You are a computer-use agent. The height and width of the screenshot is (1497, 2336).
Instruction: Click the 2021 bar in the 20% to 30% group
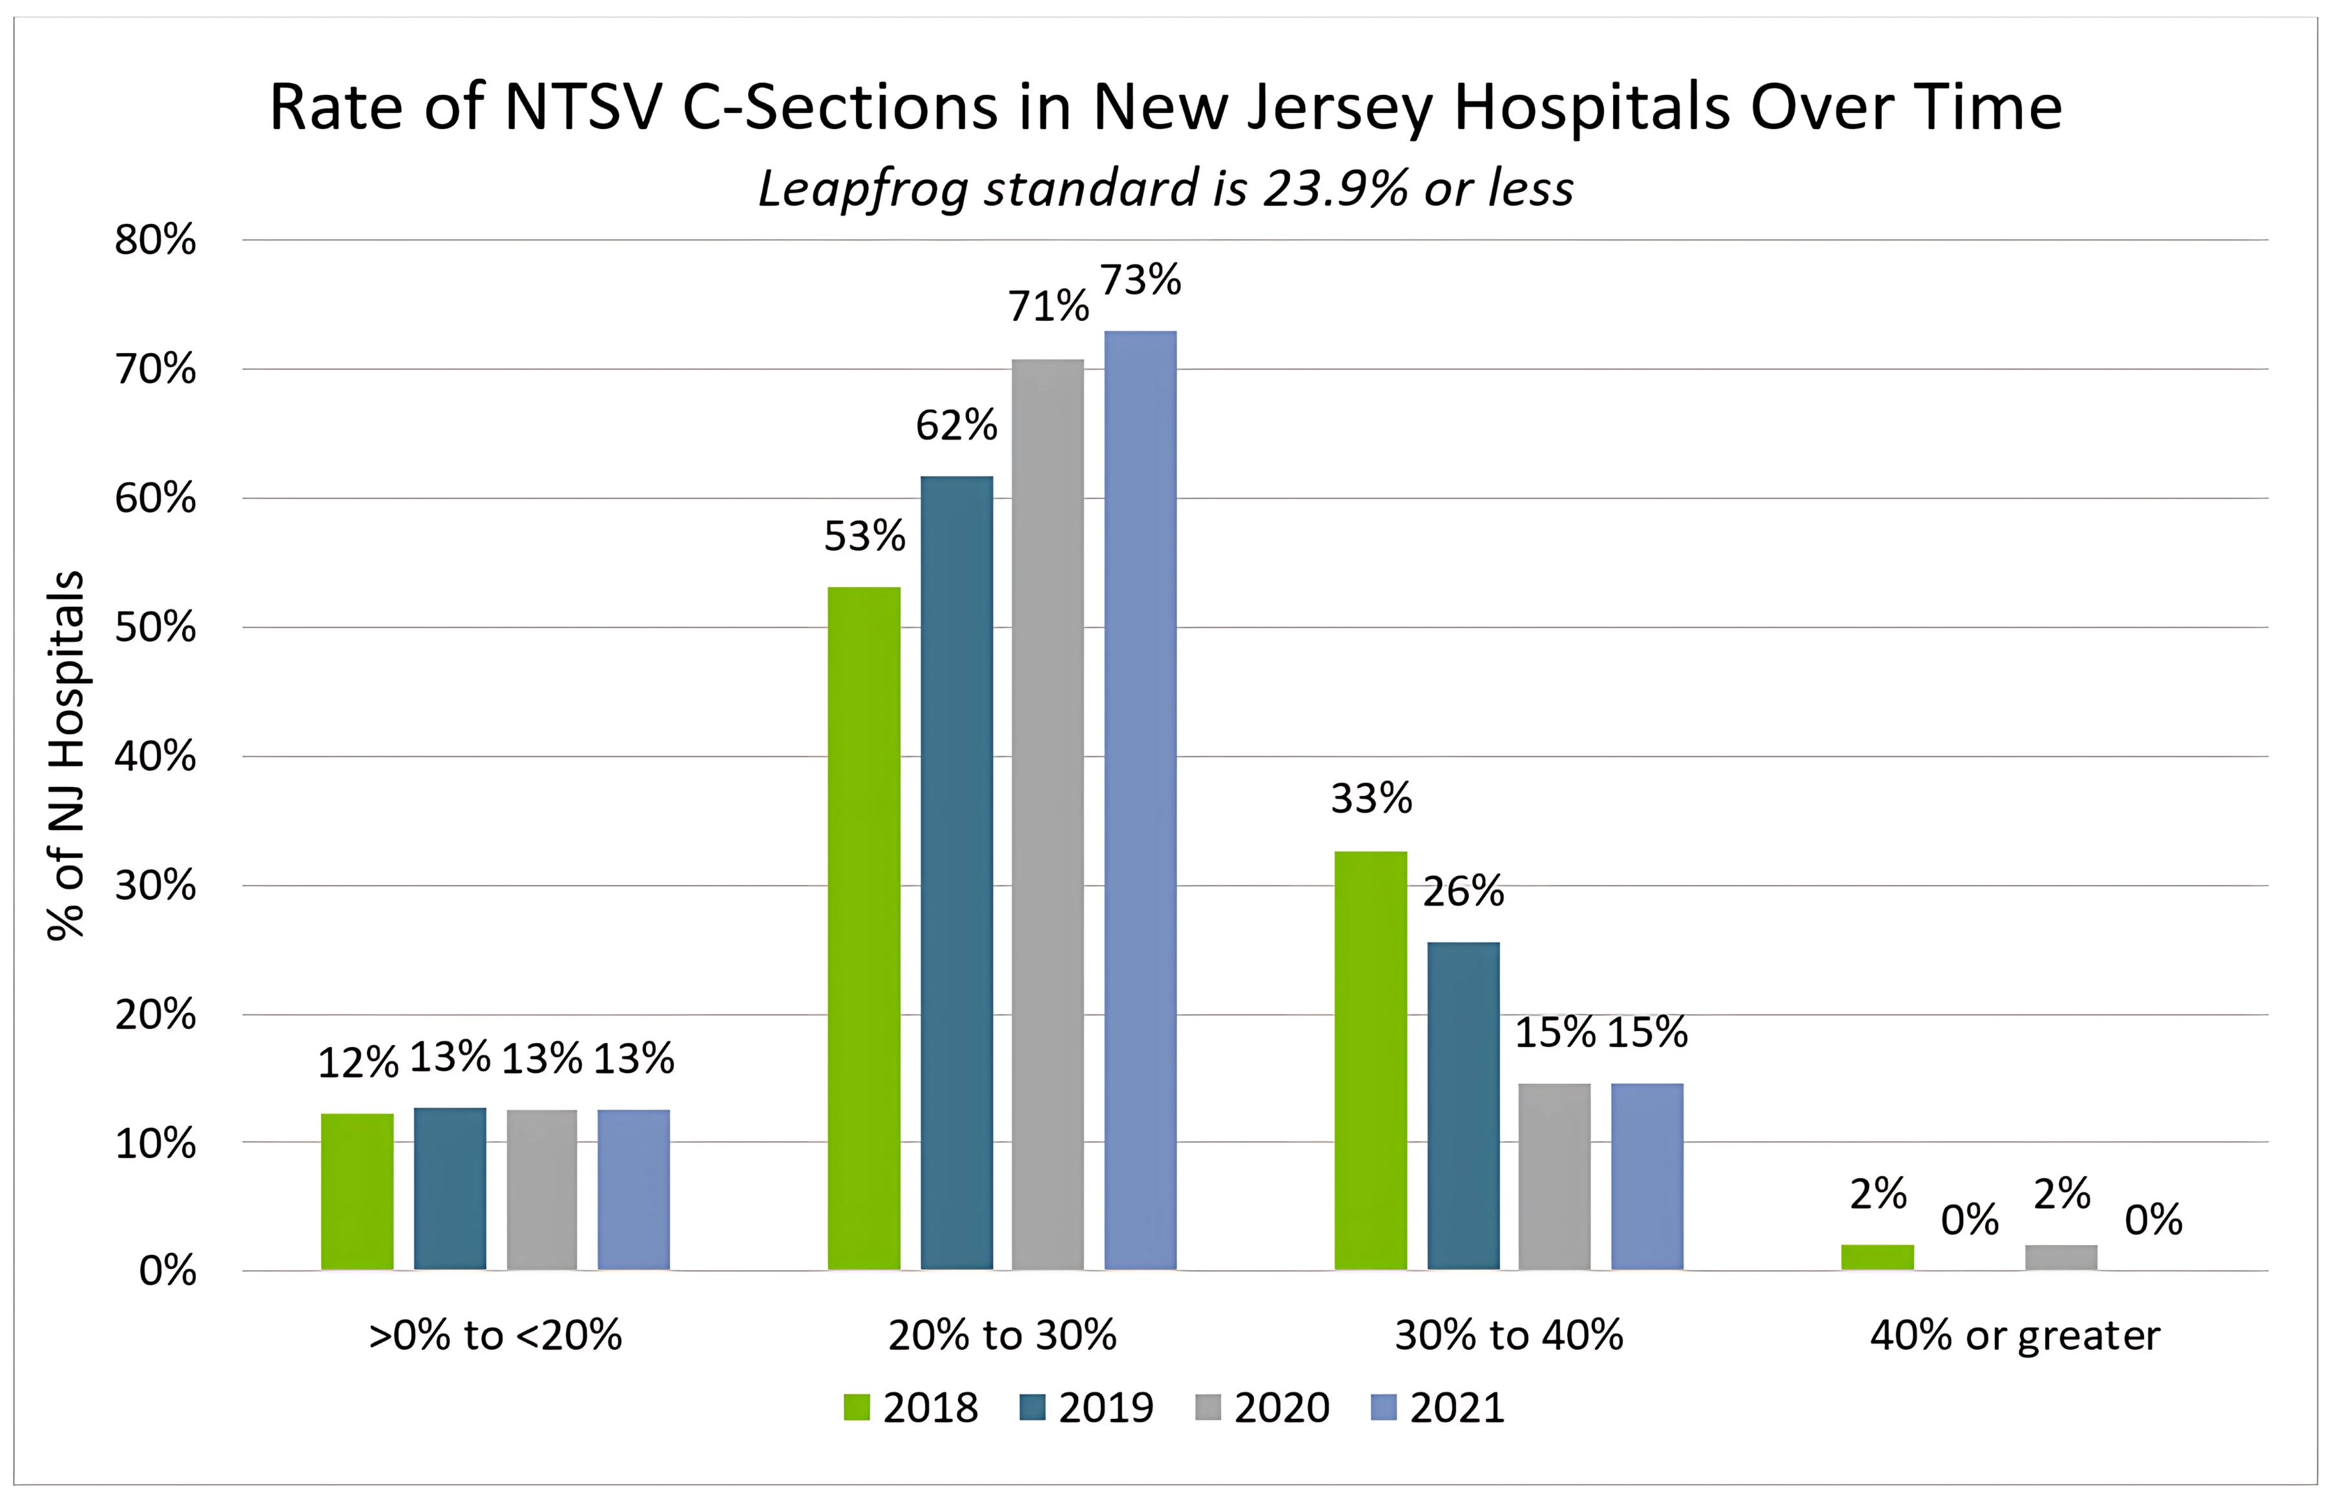(x=1140, y=800)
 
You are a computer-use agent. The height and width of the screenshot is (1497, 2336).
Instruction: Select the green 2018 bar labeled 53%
(x=864, y=928)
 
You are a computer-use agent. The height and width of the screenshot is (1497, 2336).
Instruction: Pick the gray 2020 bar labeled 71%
(x=1047, y=815)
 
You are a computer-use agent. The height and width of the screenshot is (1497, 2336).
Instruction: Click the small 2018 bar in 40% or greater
(x=1877, y=1257)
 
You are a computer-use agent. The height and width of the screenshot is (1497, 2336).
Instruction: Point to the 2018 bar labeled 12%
(x=357, y=1191)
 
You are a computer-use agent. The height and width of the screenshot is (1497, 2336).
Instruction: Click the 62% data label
(x=956, y=426)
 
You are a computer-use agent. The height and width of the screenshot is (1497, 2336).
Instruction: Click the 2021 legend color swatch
(x=1383, y=1407)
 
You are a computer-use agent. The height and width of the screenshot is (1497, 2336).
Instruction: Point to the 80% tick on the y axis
(x=156, y=240)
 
